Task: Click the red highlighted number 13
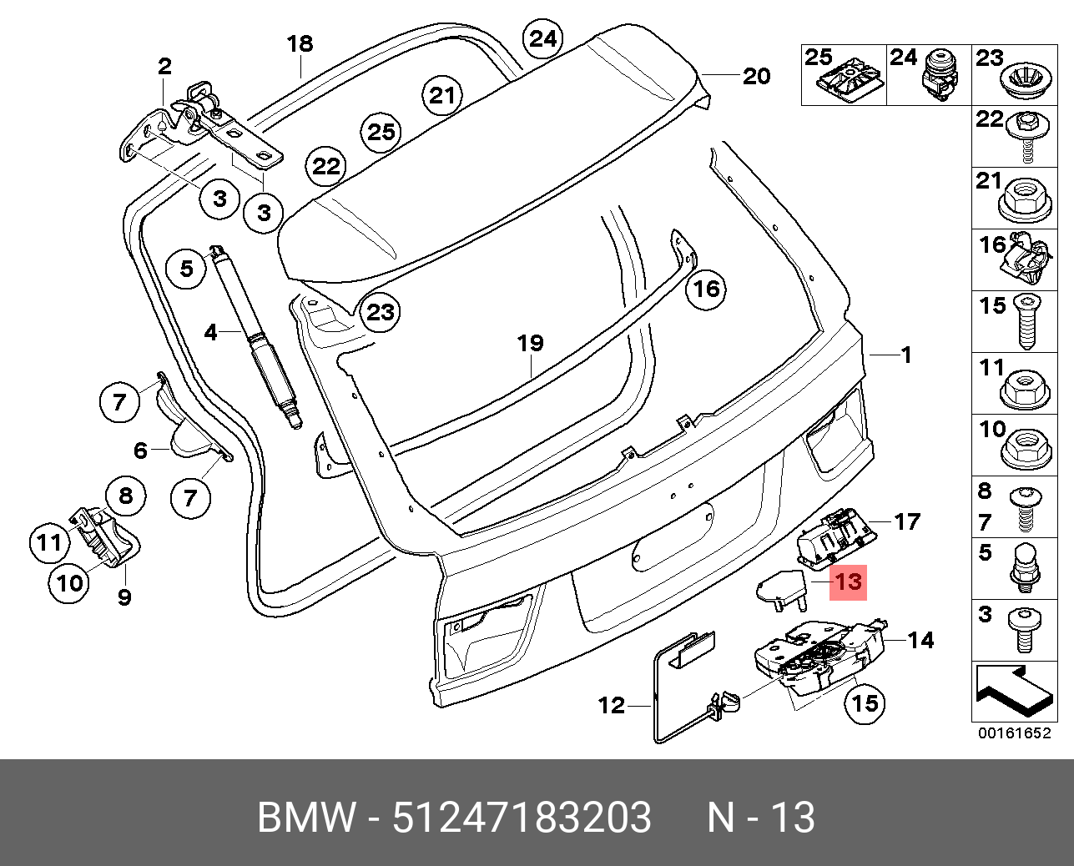point(848,582)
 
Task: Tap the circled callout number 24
point(542,38)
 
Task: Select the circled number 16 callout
point(706,289)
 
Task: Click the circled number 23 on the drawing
point(381,312)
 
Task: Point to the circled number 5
point(186,268)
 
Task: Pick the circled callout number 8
point(125,496)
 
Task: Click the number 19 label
point(530,343)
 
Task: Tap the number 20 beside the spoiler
point(756,76)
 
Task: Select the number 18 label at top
point(300,43)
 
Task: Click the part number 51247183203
point(522,818)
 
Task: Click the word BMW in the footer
point(306,818)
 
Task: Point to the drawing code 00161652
point(1014,733)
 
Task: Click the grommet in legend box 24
point(940,77)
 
